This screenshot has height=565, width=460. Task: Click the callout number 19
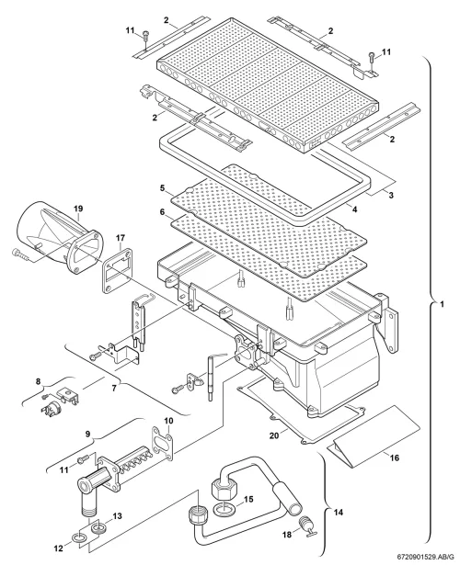(x=78, y=209)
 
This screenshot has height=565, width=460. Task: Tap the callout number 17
(x=121, y=238)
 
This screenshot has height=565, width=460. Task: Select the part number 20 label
(x=274, y=435)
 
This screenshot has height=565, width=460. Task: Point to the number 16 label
(x=395, y=458)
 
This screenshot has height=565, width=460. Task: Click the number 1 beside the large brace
(x=442, y=304)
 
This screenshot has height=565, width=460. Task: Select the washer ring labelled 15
(x=224, y=510)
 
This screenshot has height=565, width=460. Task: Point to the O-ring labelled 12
(x=81, y=538)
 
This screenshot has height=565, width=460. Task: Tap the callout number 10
(x=169, y=421)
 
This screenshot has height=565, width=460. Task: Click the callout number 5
(x=162, y=187)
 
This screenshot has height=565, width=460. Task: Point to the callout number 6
(x=162, y=212)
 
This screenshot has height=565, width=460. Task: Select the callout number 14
(x=339, y=512)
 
